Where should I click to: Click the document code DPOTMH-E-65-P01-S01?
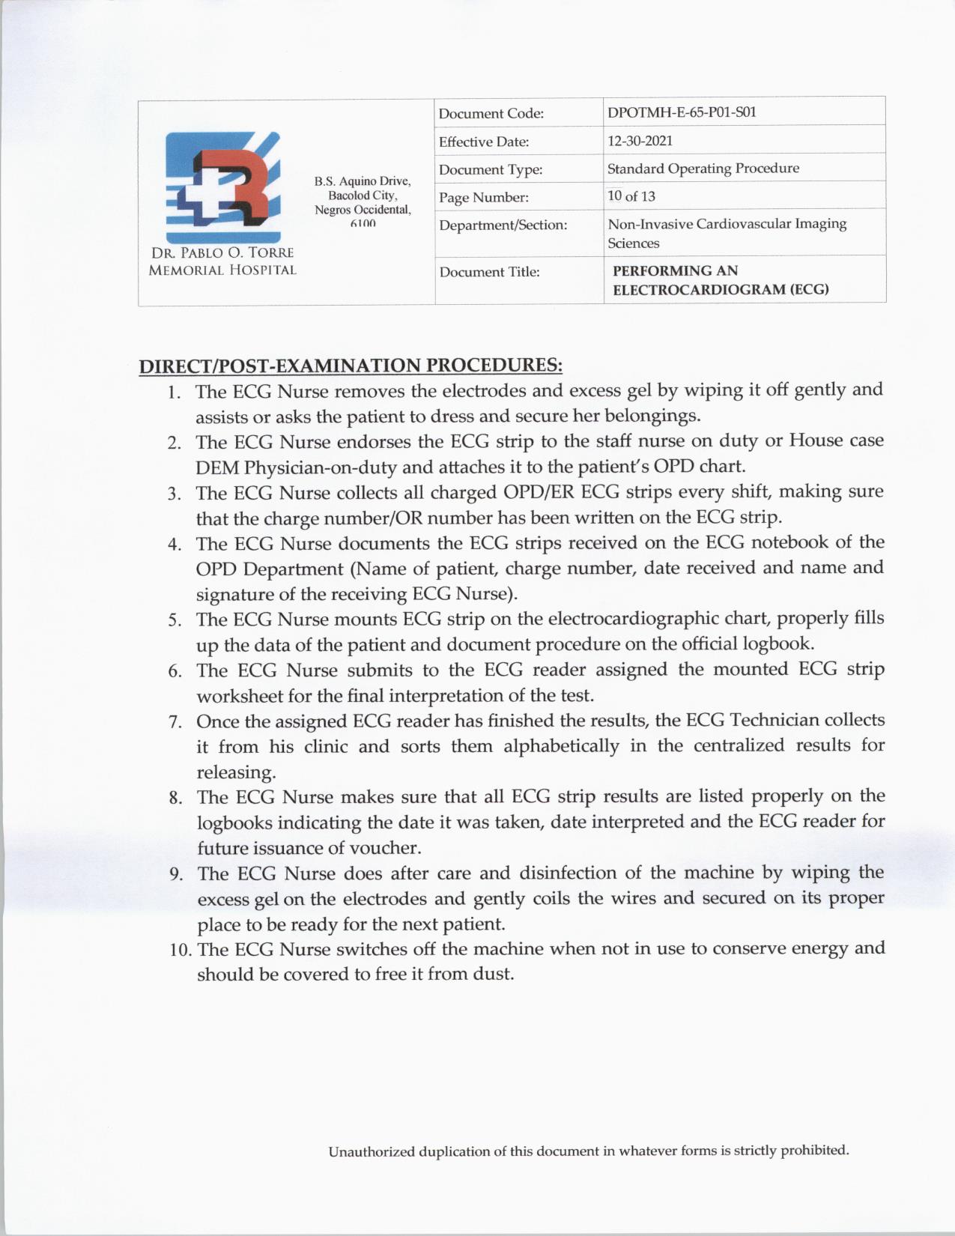tap(682, 112)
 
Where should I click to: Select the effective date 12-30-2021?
tap(640, 141)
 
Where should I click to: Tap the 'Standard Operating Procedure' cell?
tap(703, 169)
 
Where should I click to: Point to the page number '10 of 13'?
tap(631, 196)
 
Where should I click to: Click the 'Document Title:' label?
tap(489, 272)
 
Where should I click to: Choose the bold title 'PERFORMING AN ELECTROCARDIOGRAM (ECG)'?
tap(721, 280)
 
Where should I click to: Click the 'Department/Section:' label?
tap(503, 225)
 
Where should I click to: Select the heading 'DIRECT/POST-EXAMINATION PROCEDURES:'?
tap(351, 366)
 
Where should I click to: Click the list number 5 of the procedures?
tap(175, 620)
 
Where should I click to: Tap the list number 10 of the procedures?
tap(180, 950)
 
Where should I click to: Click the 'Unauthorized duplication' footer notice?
tap(588, 1151)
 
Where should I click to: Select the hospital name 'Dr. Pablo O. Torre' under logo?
tap(222, 253)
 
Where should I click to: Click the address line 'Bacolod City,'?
tap(363, 196)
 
